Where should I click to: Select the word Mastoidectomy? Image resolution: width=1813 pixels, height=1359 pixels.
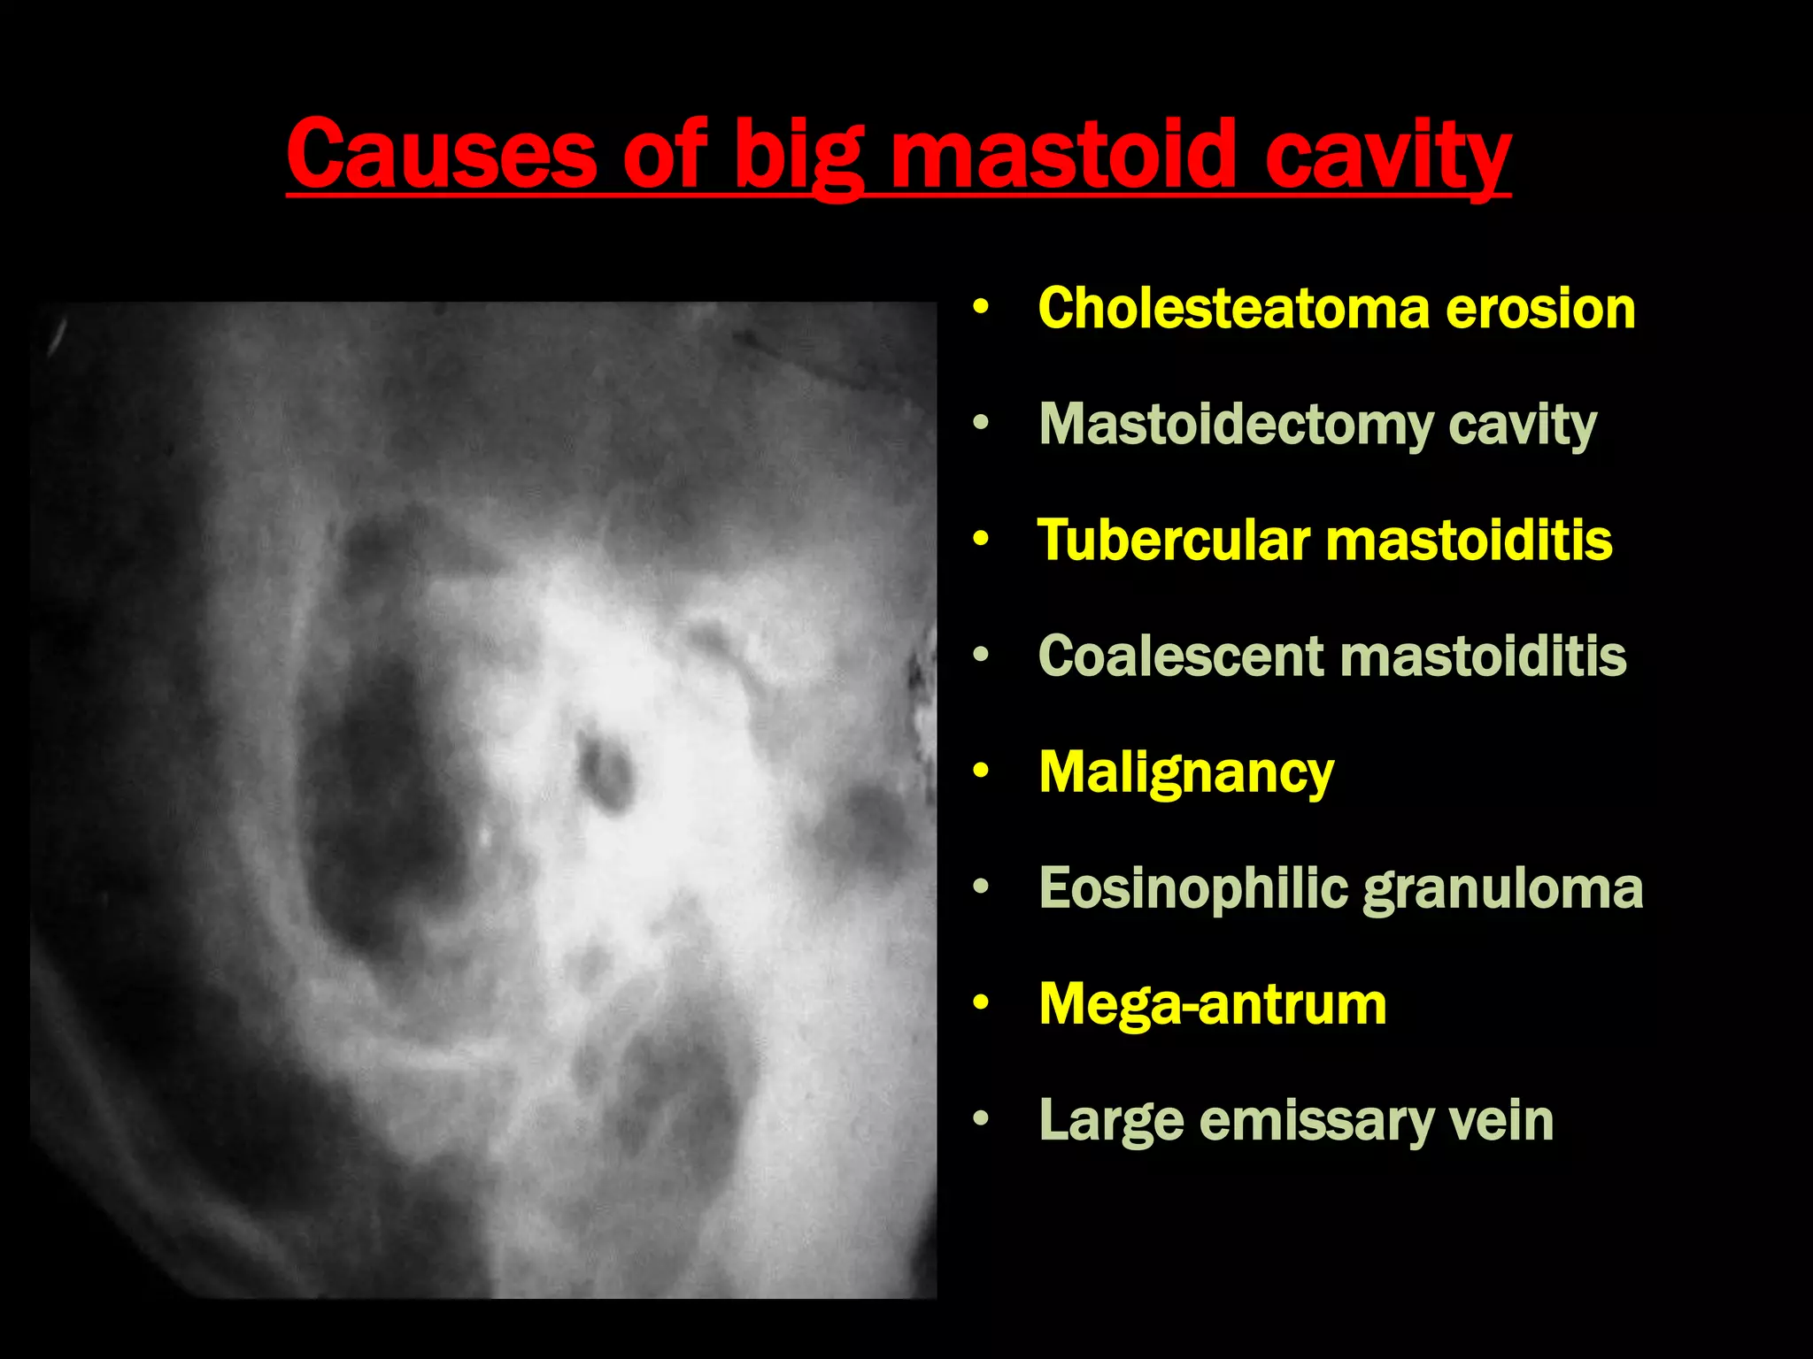(1235, 425)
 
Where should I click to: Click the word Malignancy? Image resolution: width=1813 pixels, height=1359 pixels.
(1185, 772)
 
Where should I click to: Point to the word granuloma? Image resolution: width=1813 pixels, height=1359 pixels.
(1502, 889)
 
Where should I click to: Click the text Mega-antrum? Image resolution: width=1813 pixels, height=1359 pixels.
(1212, 1004)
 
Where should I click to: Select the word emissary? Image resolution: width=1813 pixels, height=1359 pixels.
(1315, 1121)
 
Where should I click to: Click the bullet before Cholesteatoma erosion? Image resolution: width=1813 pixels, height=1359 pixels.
(979, 308)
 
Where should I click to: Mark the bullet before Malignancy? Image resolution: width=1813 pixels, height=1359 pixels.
(979, 772)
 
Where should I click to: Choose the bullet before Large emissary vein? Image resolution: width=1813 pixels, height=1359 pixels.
(979, 1119)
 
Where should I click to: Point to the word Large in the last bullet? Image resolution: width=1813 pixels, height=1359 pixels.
(1111, 1121)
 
